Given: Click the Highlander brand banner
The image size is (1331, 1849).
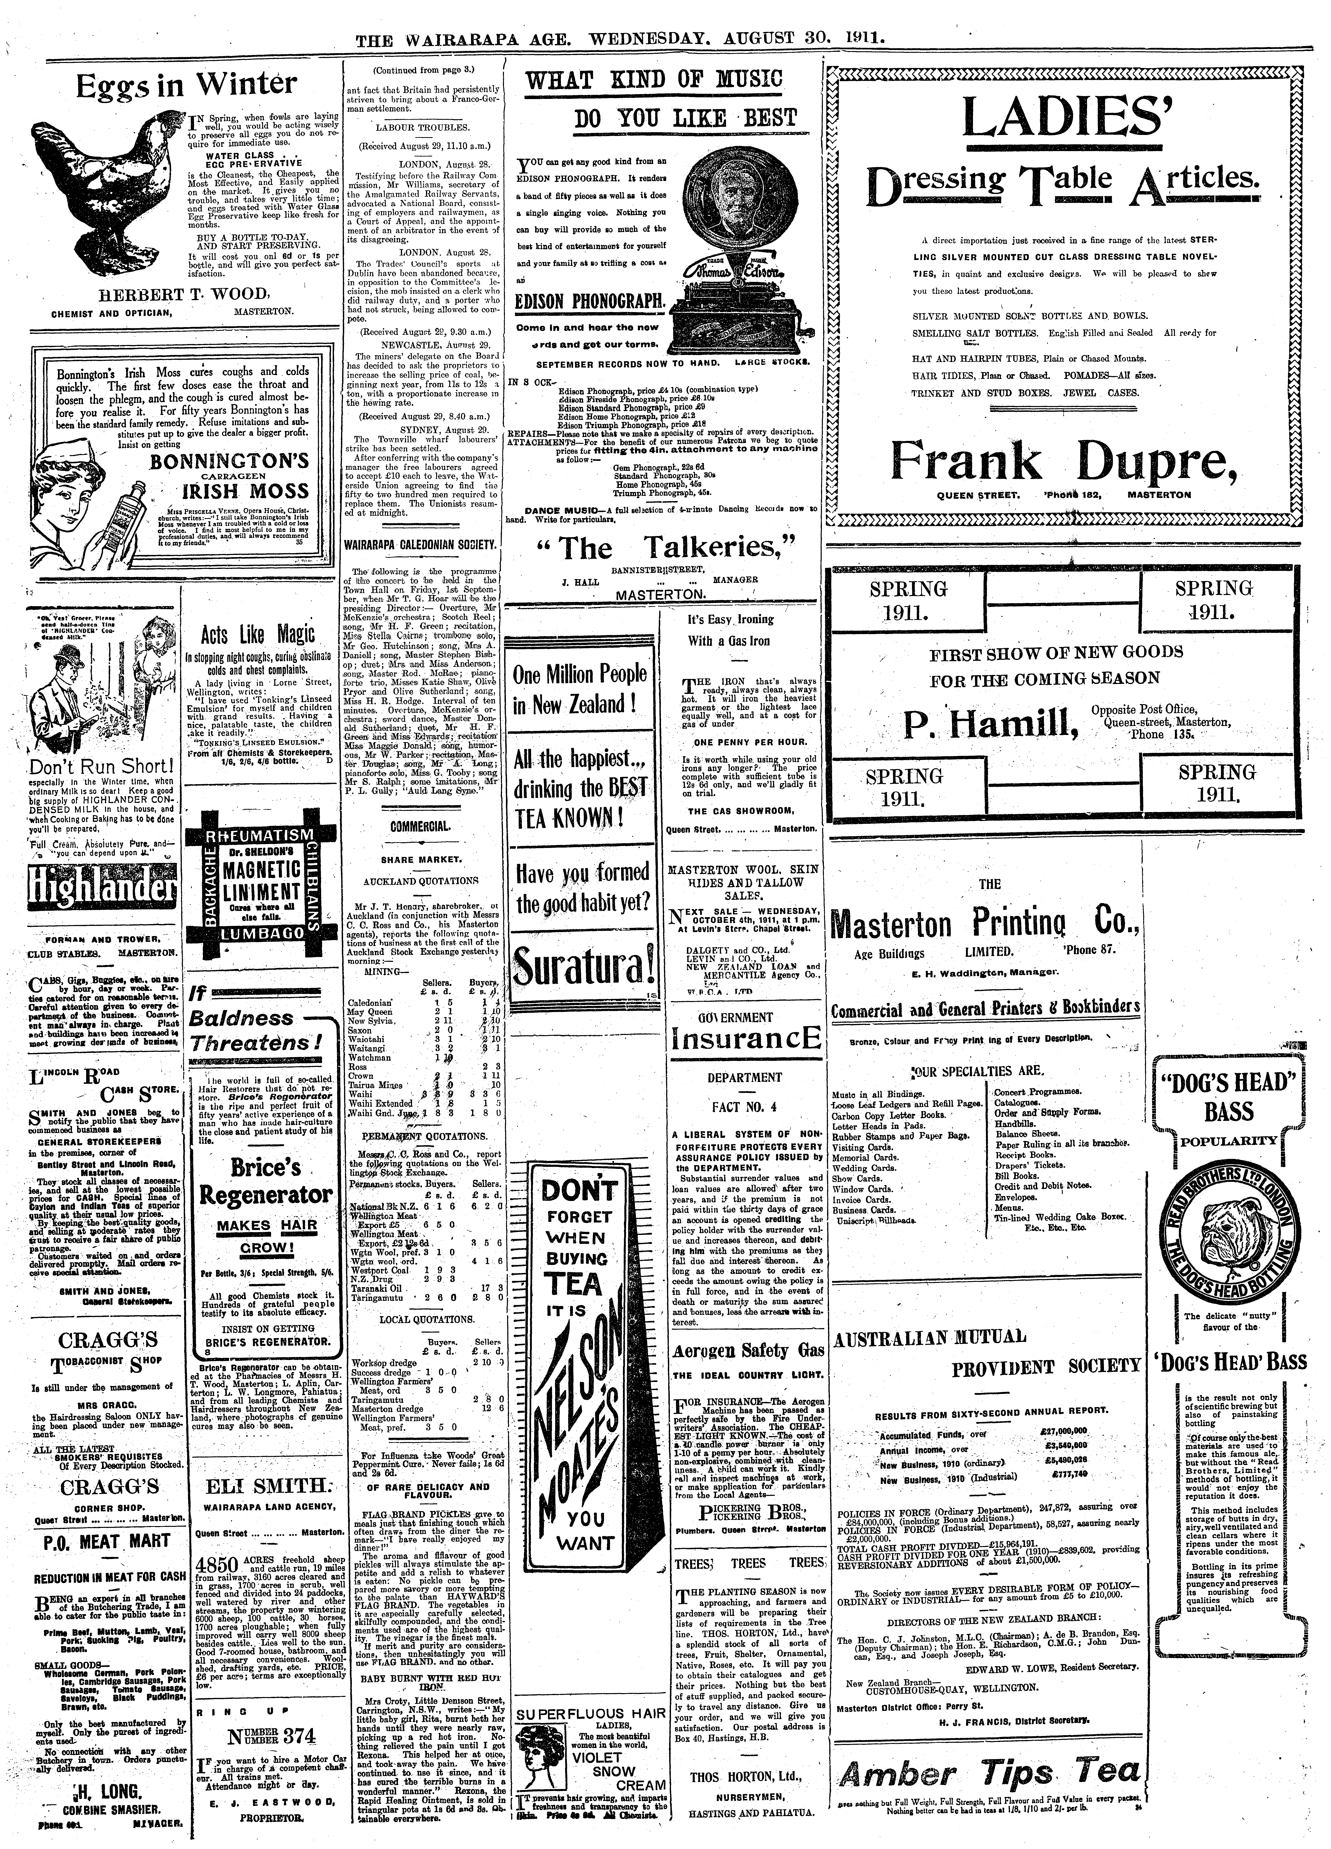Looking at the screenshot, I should click(x=102, y=887).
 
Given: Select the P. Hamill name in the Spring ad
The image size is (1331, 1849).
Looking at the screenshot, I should click(x=990, y=722).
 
